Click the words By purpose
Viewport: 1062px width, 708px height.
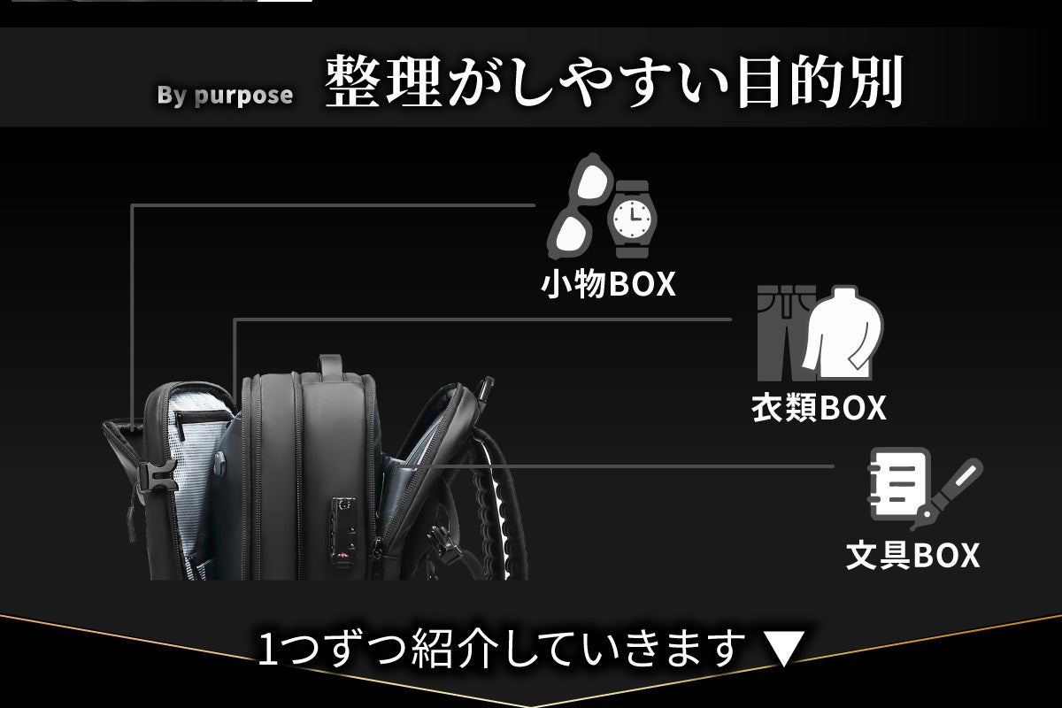coord(225,96)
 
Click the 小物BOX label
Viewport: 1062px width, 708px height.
coord(608,285)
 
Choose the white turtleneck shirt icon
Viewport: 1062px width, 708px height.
coord(842,332)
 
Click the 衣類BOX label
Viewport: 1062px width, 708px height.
coord(819,408)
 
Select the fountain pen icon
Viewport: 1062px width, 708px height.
coord(951,490)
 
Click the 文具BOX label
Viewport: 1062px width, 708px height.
coord(912,555)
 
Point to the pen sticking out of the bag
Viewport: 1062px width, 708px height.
coord(483,389)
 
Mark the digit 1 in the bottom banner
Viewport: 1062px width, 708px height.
coord(269,650)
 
